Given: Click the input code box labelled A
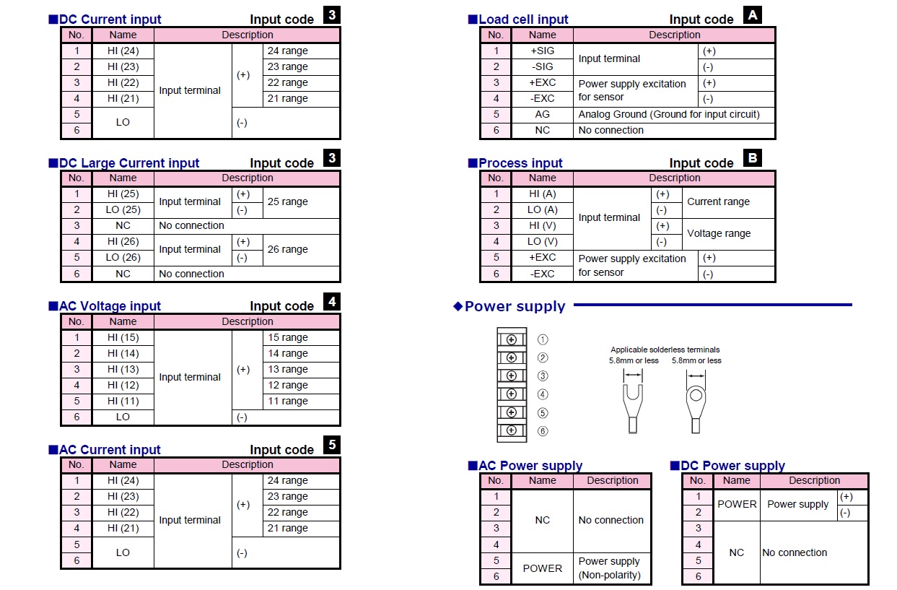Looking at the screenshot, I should click(x=752, y=14).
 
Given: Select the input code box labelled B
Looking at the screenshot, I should click(x=752, y=157).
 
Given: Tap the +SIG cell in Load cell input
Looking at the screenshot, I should click(x=542, y=51).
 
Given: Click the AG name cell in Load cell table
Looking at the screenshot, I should click(x=542, y=114).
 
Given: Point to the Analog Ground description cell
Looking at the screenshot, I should click(x=674, y=114).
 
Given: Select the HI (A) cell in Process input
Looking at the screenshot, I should click(x=542, y=194).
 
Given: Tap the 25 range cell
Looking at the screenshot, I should click(x=301, y=202).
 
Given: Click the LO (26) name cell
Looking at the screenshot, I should click(x=123, y=258).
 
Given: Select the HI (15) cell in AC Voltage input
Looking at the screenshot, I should click(x=123, y=338).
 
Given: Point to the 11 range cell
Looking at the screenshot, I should click(x=301, y=402).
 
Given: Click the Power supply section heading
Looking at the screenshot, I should click(x=515, y=306).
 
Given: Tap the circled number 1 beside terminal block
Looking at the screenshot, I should click(x=543, y=339).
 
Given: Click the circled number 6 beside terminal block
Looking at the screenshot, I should click(x=543, y=431).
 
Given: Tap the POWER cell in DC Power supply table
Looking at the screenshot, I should click(x=737, y=505).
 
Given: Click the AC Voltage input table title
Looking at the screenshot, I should click(x=110, y=306).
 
